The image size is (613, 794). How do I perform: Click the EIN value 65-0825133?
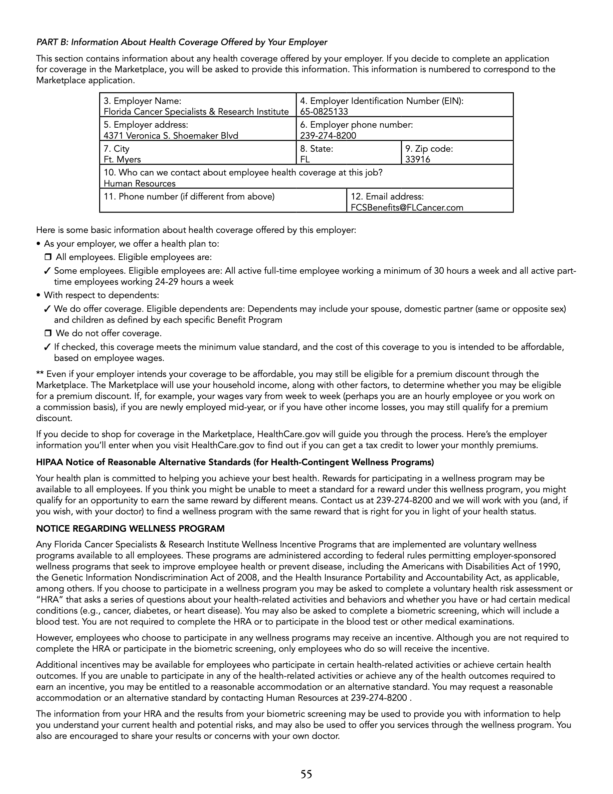pyautogui.click(x=324, y=112)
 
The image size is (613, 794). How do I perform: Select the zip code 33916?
pyautogui.click(x=418, y=160)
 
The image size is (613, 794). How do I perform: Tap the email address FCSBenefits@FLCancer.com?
pyautogui.click(x=407, y=208)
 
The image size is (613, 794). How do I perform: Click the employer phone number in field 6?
pyautogui.click(x=328, y=136)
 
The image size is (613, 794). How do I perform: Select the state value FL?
pyautogui.click(x=305, y=160)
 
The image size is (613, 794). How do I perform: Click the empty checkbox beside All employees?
pyautogui.click(x=48, y=257)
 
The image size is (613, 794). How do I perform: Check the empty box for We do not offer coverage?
pyautogui.click(x=48, y=334)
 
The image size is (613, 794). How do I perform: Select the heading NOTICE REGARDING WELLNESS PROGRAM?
pyautogui.click(x=130, y=529)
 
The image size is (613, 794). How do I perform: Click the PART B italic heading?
pyautogui.click(x=182, y=42)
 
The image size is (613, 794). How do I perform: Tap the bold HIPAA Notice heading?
pyautogui.click(x=235, y=462)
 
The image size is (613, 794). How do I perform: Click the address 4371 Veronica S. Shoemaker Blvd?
pyautogui.click(x=171, y=136)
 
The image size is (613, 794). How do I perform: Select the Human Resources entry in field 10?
pyautogui.click(x=140, y=183)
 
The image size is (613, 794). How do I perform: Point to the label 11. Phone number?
pyautogui.click(x=189, y=197)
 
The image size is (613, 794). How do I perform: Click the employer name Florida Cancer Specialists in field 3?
pyautogui.click(x=196, y=112)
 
